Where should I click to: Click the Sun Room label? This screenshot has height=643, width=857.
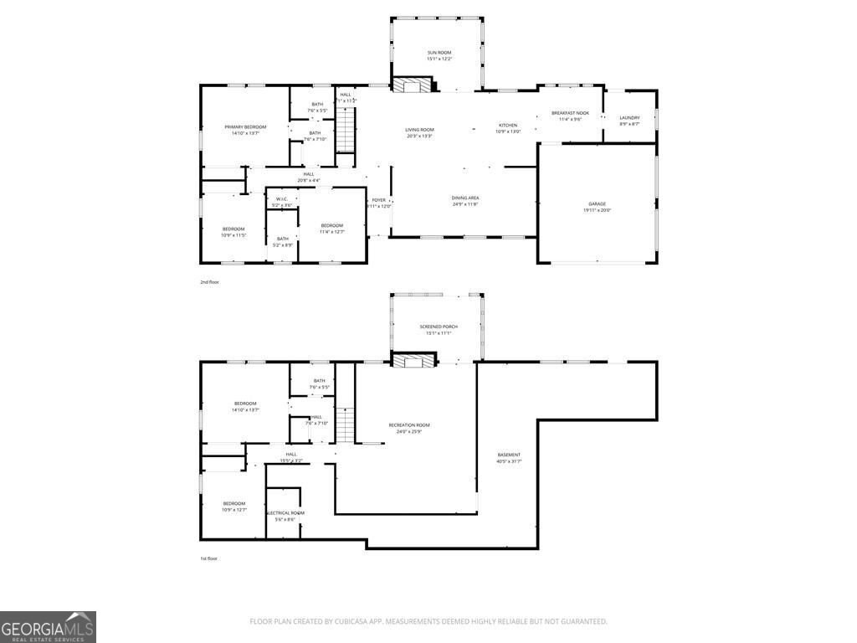[439, 53]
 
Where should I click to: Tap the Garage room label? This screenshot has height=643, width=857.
[596, 204]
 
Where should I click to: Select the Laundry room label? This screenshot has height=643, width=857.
[629, 118]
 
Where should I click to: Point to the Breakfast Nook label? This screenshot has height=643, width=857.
[570, 113]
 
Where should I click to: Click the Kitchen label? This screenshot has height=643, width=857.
[508, 126]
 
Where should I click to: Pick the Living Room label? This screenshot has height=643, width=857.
[419, 130]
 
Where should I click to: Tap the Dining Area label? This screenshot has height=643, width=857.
[464, 198]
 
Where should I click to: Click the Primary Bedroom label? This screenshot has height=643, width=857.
[245, 127]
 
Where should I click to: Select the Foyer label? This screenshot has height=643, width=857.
[379, 200]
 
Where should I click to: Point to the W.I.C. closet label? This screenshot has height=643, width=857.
[282, 199]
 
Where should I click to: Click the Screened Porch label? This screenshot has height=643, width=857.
[439, 327]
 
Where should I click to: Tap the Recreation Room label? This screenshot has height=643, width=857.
[409, 425]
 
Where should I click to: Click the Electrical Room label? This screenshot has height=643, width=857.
[285, 513]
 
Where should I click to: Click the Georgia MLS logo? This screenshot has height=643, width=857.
[48, 627]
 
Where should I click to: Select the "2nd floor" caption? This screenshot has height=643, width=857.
[209, 282]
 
